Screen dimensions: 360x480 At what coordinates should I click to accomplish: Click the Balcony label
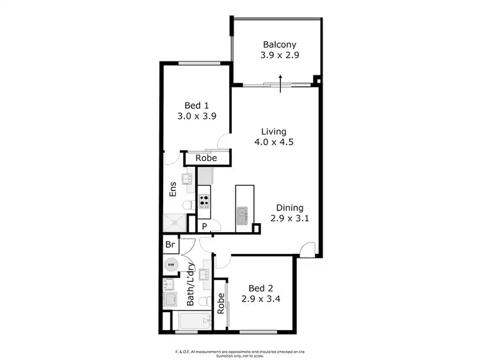click(x=280, y=45)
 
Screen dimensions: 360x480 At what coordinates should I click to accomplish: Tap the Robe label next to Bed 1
click(x=205, y=158)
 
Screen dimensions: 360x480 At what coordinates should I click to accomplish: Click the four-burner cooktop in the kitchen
click(x=204, y=202)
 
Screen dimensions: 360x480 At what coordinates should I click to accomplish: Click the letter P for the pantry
click(x=204, y=226)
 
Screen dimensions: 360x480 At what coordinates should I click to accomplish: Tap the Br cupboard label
click(x=170, y=244)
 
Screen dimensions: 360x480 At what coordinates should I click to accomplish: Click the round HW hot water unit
click(x=170, y=263)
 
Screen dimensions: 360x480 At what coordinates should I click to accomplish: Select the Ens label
click(x=172, y=190)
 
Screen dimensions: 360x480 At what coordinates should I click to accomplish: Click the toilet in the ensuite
click(x=188, y=205)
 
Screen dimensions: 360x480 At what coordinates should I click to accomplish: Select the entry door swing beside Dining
click(x=307, y=250)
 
